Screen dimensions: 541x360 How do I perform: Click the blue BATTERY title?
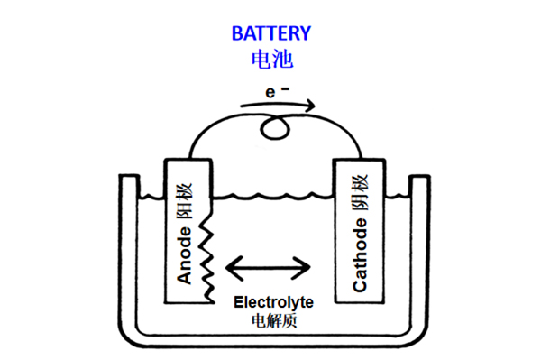pos(271,33)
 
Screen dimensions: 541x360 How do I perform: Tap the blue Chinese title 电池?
pos(272,59)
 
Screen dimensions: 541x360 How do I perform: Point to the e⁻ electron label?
pos(277,91)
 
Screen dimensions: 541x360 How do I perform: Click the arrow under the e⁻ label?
pos(278,105)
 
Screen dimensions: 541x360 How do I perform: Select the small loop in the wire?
pos(275,128)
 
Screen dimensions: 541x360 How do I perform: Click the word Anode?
pos(184,255)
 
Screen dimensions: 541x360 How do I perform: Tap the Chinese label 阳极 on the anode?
pos(185,201)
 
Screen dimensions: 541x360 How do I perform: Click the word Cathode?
pos(360,254)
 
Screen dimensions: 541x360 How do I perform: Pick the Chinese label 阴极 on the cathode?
pos(360,192)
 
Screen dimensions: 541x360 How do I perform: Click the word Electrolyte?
pos(273,302)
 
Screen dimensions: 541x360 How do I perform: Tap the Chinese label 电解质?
pos(274,320)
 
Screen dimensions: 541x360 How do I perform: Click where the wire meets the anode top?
pos(189,159)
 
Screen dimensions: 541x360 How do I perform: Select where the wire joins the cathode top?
pos(362,159)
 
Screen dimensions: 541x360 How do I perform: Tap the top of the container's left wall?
pos(130,176)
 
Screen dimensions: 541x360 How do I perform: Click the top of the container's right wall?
pos(419,177)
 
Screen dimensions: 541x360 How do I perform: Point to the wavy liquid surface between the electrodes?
pos(272,196)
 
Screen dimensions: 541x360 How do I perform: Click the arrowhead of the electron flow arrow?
pos(310,106)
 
